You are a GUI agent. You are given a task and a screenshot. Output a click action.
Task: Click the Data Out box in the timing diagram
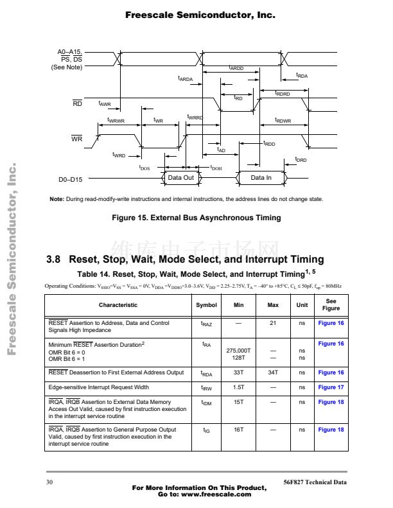[x=180, y=178]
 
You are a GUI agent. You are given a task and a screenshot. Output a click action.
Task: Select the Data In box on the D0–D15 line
[x=261, y=178]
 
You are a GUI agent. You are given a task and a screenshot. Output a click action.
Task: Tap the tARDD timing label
[x=236, y=68]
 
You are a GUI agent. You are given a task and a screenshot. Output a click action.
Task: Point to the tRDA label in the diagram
[x=302, y=76]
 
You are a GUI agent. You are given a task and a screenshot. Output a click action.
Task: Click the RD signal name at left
[x=76, y=103]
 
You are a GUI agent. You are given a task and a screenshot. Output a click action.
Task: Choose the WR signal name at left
[x=76, y=139]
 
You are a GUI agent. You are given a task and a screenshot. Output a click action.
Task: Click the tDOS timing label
[x=144, y=167]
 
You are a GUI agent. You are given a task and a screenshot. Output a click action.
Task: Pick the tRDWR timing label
[x=283, y=121]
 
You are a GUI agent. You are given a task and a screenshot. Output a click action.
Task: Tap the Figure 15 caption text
[x=196, y=218]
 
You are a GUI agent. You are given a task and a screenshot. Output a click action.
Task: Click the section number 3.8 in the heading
[x=54, y=260]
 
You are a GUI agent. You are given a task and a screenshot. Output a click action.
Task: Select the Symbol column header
[x=206, y=305]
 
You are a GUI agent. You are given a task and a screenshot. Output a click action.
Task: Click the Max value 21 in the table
[x=273, y=323]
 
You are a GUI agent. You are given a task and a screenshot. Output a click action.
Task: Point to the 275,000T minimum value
[x=239, y=351]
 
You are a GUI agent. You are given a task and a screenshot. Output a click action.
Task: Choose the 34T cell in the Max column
[x=273, y=372]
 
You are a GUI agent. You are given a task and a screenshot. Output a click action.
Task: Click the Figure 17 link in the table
[x=331, y=387]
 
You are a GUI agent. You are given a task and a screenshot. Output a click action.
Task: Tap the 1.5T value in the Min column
[x=239, y=387]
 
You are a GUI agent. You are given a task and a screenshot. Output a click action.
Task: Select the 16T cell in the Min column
[x=239, y=430]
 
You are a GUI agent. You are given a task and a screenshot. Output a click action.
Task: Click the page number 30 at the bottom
[x=50, y=482]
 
